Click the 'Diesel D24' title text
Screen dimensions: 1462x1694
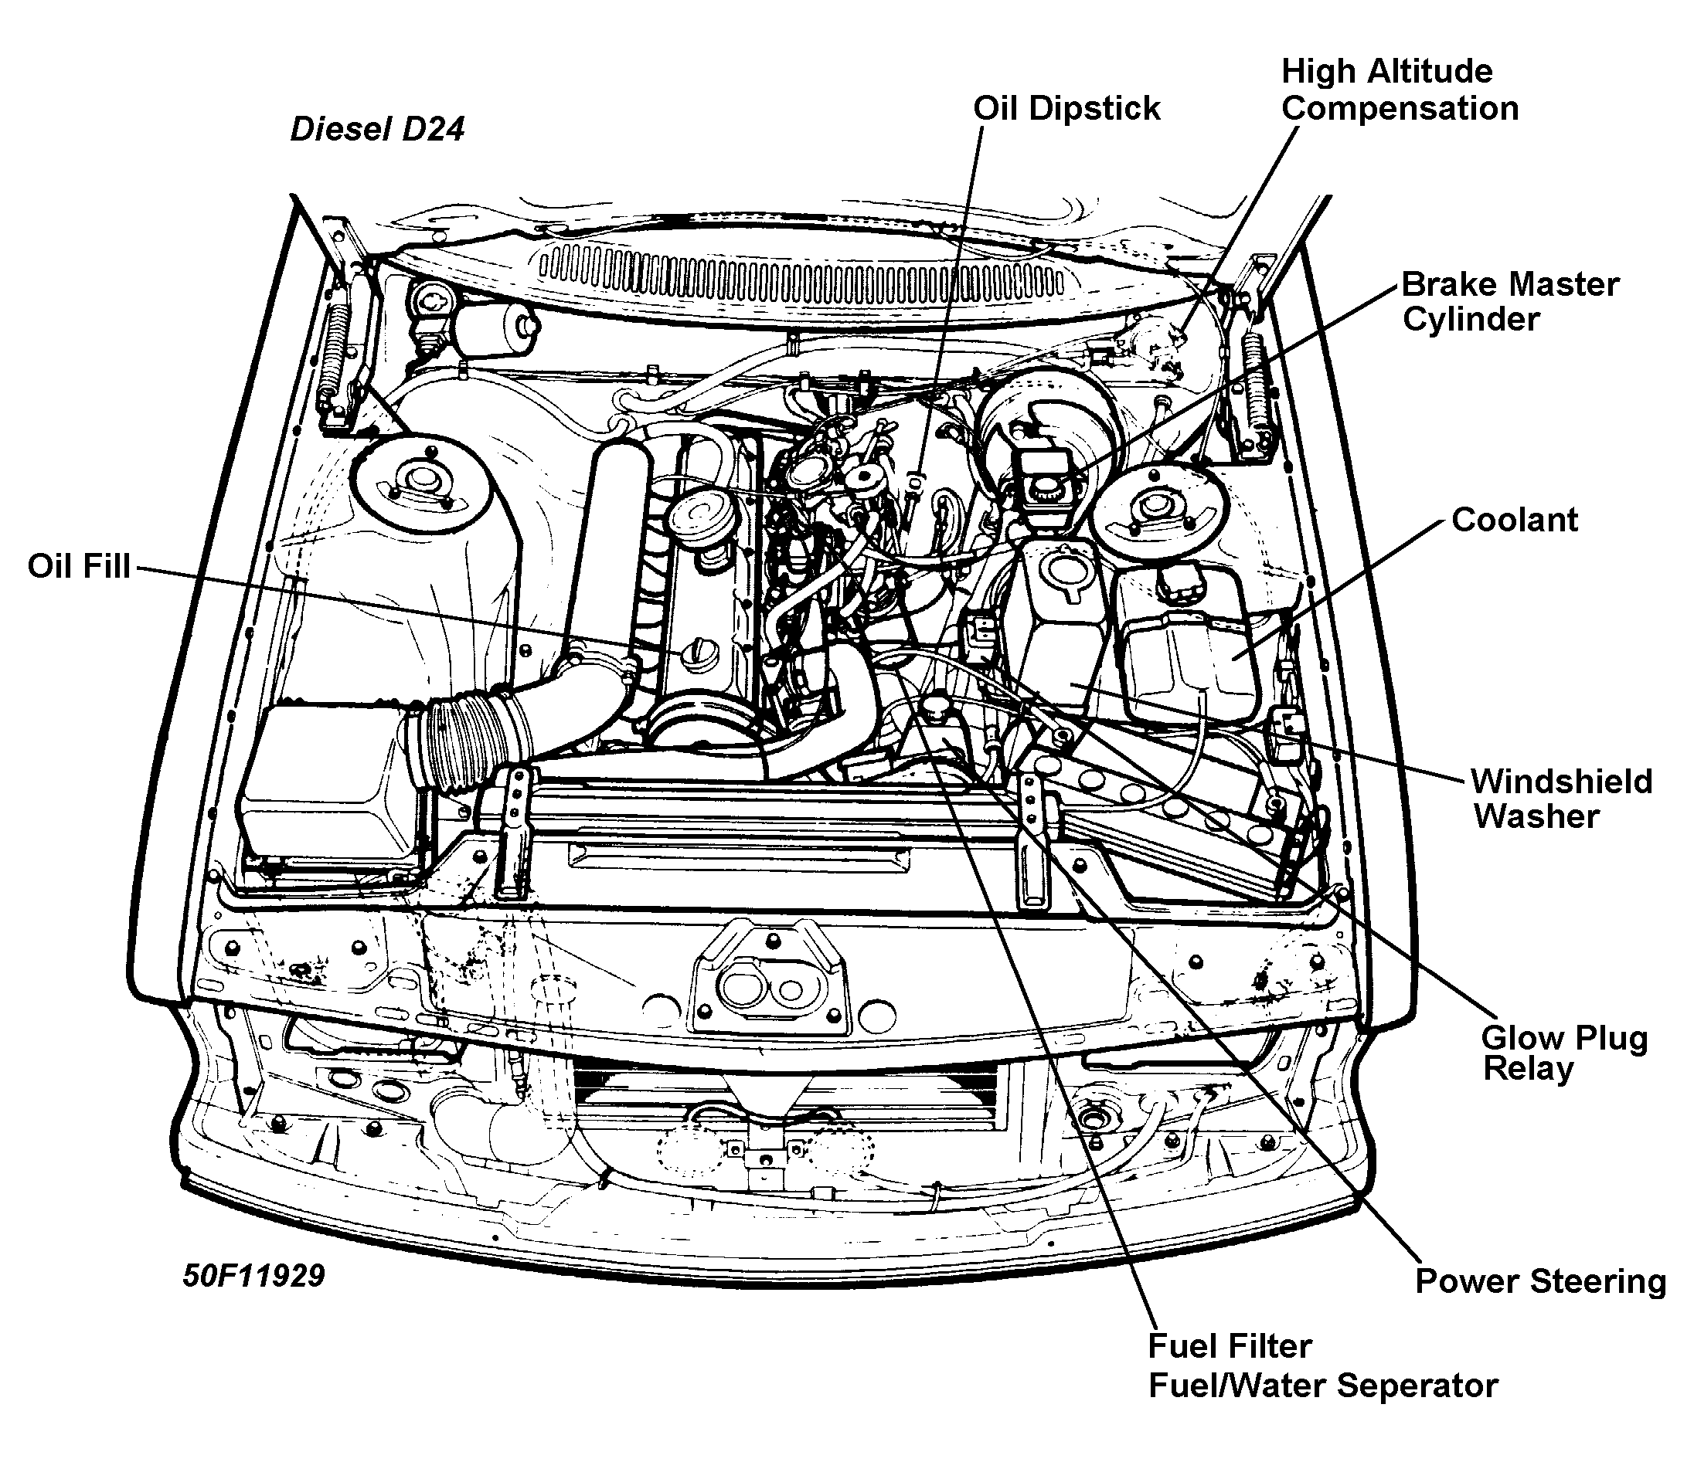pyautogui.click(x=377, y=129)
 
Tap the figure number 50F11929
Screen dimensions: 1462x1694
pyautogui.click(x=253, y=1275)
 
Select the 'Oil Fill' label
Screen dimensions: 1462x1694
pyautogui.click(x=79, y=565)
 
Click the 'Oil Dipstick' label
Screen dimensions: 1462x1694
pyautogui.click(x=1066, y=108)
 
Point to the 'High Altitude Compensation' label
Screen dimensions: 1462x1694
pyautogui.click(x=1399, y=90)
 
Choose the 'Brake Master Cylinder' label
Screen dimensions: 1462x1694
pyautogui.click(x=1509, y=301)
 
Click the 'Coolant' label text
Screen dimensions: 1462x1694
pyautogui.click(x=1514, y=520)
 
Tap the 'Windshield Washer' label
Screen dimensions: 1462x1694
pyautogui.click(x=1560, y=799)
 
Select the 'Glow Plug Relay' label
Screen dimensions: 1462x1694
pyautogui.click(x=1563, y=1053)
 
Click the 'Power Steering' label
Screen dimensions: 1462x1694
pyautogui.click(x=1540, y=1281)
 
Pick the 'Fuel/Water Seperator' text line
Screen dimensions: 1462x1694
pyautogui.click(x=1322, y=1386)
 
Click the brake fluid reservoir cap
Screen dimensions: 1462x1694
pyautogui.click(x=1044, y=489)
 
